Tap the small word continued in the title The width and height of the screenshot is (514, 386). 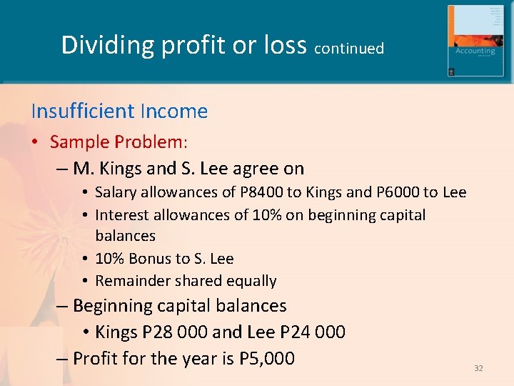[x=349, y=49]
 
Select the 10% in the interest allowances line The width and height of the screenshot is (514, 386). [x=267, y=215]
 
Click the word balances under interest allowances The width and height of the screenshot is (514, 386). [x=125, y=236]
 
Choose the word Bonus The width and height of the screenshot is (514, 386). [x=146, y=259]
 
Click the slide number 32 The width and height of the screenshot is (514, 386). [x=478, y=368]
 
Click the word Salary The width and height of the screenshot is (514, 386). [x=115, y=192]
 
